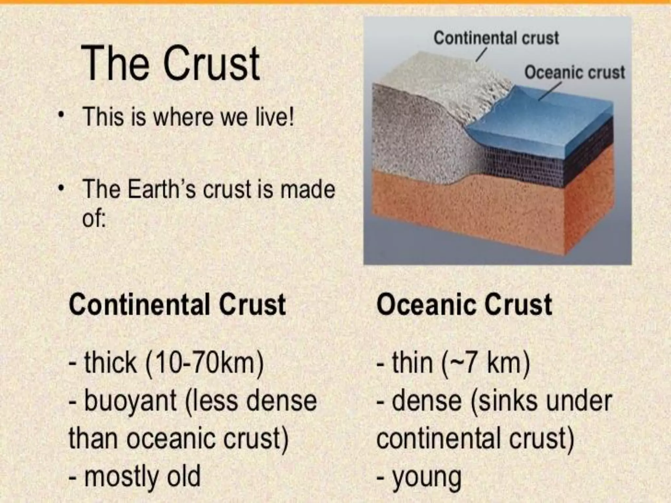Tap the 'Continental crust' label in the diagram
(496, 38)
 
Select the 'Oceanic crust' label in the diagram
(575, 72)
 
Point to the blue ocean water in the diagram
(541, 124)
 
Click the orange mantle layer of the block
(491, 213)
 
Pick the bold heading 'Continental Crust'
(177, 305)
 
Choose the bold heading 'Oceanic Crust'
(464, 305)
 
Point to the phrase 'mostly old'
(142, 477)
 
